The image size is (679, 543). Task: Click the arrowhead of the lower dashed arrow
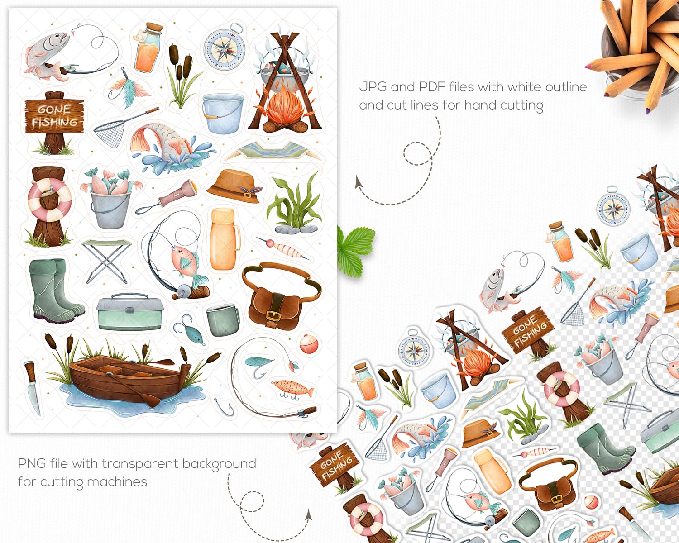point(309,515)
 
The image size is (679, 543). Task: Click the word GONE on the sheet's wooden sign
point(54,110)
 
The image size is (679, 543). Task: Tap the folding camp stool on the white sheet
point(107,261)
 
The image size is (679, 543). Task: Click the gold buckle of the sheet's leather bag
point(272,315)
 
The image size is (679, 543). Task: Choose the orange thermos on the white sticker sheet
point(225,239)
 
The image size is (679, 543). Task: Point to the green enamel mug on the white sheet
point(222,319)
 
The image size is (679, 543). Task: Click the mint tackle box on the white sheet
point(129,312)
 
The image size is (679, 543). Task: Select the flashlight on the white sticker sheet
point(167,197)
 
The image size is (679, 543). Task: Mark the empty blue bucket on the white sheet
point(223,113)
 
